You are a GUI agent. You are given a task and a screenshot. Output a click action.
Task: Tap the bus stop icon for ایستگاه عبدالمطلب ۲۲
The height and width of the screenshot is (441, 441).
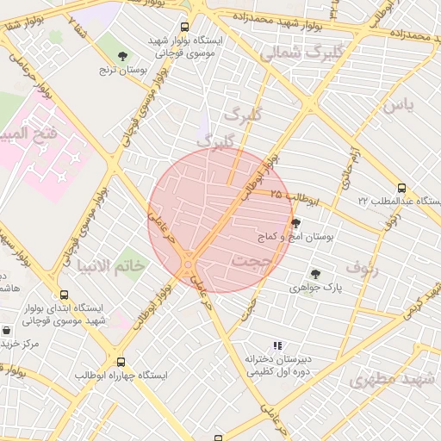[x=401, y=189]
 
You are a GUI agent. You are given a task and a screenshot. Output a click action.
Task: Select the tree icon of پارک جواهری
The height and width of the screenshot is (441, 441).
[x=316, y=274]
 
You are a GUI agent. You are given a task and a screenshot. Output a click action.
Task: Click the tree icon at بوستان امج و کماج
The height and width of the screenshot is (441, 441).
[x=297, y=222]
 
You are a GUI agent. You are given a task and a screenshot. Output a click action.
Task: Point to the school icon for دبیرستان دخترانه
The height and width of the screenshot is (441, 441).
[x=277, y=345]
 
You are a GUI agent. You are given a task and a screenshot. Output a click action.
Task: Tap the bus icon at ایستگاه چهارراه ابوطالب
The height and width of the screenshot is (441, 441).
[x=120, y=363]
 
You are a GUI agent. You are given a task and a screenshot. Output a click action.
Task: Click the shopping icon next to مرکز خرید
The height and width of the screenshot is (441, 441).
[x=7, y=331]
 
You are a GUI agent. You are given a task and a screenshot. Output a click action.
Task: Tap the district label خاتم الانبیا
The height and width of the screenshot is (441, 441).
[x=111, y=264]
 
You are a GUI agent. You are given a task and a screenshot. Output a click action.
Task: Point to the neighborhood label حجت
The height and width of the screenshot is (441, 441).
[x=252, y=258]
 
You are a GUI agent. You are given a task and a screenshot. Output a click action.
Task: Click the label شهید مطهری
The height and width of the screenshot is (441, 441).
[x=384, y=379]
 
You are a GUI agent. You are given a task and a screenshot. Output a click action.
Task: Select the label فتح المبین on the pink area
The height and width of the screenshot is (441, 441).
[x=32, y=134]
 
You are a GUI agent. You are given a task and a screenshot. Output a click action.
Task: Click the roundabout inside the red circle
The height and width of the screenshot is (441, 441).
[x=188, y=262]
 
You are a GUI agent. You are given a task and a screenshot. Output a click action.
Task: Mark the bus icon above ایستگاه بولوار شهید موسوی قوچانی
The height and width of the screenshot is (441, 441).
[x=185, y=27]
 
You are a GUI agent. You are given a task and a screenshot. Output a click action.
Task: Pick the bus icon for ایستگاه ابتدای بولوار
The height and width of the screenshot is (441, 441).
[x=64, y=295]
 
